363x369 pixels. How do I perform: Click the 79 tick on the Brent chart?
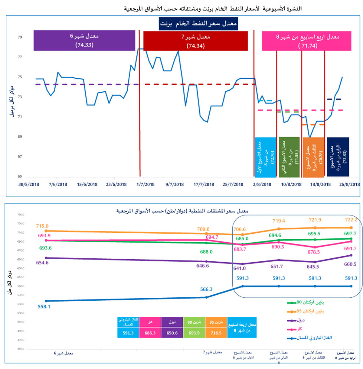(x=20, y=37)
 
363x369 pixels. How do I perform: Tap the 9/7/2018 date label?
(x=175, y=184)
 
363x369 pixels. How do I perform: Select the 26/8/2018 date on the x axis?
(x=349, y=184)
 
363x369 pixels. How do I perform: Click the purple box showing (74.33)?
(x=84, y=40)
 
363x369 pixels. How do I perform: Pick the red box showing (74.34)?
(x=195, y=41)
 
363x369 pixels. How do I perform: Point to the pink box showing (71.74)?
(x=306, y=41)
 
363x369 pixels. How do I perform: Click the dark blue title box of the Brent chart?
(x=198, y=24)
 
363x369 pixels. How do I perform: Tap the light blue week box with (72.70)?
(x=265, y=157)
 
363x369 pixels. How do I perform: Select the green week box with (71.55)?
(x=289, y=157)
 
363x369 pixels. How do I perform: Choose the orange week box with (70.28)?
(x=313, y=157)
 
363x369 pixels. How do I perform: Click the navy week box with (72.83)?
(x=338, y=157)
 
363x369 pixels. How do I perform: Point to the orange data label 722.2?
(x=351, y=220)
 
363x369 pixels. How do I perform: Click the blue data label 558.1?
(x=44, y=306)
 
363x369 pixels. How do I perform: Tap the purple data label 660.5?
(x=350, y=264)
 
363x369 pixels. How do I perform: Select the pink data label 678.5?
(x=314, y=252)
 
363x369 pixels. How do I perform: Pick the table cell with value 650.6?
(x=172, y=333)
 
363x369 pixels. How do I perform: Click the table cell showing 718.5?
(x=216, y=333)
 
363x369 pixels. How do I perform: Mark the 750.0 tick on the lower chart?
(x=21, y=215)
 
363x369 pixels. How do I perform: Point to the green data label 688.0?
(x=206, y=252)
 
